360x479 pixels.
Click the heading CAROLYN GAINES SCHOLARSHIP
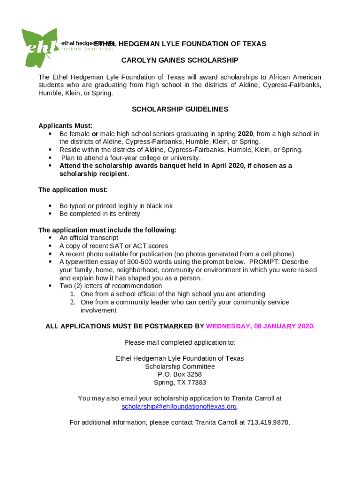tap(180, 60)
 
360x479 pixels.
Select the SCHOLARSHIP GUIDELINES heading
tap(180, 109)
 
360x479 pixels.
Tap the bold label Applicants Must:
tap(65, 126)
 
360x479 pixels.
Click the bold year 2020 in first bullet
tap(245, 134)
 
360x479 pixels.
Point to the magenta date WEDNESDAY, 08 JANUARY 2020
tap(260, 326)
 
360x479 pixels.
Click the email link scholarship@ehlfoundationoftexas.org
tap(179, 406)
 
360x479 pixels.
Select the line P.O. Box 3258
tap(180, 374)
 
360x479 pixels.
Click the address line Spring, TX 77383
tap(180, 382)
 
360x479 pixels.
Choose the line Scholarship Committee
tap(180, 366)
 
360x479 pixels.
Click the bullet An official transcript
tap(89, 238)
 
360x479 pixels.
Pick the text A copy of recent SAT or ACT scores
tap(114, 246)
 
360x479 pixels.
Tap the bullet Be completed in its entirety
tap(100, 214)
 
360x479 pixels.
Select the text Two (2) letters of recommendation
tap(111, 286)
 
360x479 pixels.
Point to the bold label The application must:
tap(73, 190)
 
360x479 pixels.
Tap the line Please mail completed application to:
tap(180, 342)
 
